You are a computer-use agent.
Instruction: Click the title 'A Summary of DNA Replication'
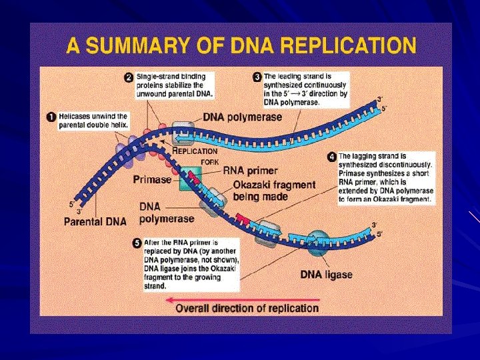click(241, 47)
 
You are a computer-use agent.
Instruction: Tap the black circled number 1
click(50, 117)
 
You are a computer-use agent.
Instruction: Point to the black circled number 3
click(257, 77)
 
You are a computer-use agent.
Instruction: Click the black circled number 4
click(331, 157)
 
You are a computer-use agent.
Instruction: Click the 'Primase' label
click(152, 179)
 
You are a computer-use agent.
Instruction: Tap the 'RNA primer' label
click(251, 170)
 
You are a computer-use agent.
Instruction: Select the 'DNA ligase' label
click(327, 274)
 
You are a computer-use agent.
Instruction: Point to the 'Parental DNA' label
click(95, 221)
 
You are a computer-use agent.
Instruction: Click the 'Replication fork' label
click(195, 155)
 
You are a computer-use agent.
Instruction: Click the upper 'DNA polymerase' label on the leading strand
click(242, 117)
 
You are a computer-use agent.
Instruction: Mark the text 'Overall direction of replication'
click(247, 309)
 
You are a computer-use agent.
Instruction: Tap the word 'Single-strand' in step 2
click(159, 77)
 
